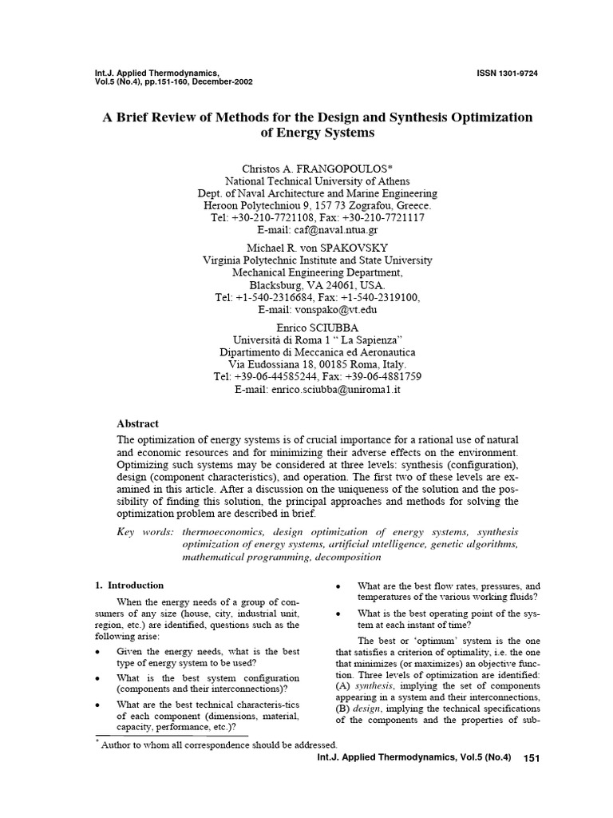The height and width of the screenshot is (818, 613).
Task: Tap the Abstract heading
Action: click(x=138, y=423)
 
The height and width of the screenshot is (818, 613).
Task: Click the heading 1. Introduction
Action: click(x=129, y=585)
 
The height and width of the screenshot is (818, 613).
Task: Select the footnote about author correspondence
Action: click(x=216, y=745)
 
